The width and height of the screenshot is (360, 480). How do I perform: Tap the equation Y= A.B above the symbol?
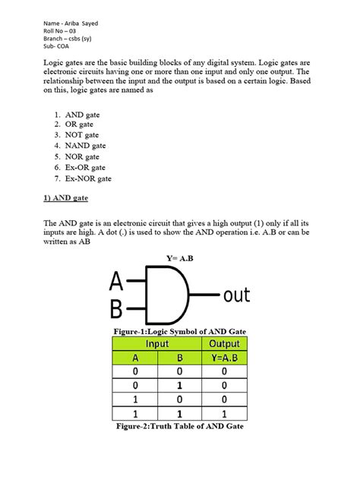tap(181, 259)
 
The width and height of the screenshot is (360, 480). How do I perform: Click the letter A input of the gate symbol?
tap(116, 281)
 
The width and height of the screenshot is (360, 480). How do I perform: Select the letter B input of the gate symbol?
tap(116, 309)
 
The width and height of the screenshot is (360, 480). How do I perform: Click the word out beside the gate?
tap(235, 294)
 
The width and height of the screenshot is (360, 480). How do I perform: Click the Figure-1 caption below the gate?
tap(179, 331)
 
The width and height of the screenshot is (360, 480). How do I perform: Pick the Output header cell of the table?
tap(223, 344)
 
